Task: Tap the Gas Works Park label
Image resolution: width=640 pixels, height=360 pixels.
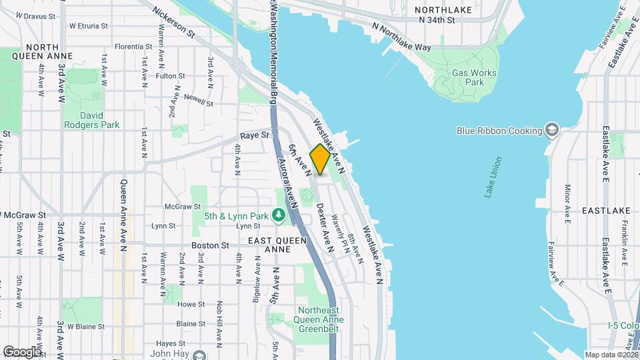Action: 467,77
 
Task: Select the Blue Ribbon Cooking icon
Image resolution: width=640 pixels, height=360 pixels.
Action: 551,129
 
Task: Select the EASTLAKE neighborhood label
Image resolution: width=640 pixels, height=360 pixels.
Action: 605,211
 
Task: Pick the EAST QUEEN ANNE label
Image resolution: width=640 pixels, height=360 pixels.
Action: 278,245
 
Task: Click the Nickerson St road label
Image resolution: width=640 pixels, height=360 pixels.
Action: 173,22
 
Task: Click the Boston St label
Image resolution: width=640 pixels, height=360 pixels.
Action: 210,245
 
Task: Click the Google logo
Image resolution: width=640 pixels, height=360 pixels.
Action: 22,351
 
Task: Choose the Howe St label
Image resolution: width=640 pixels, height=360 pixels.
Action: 190,304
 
